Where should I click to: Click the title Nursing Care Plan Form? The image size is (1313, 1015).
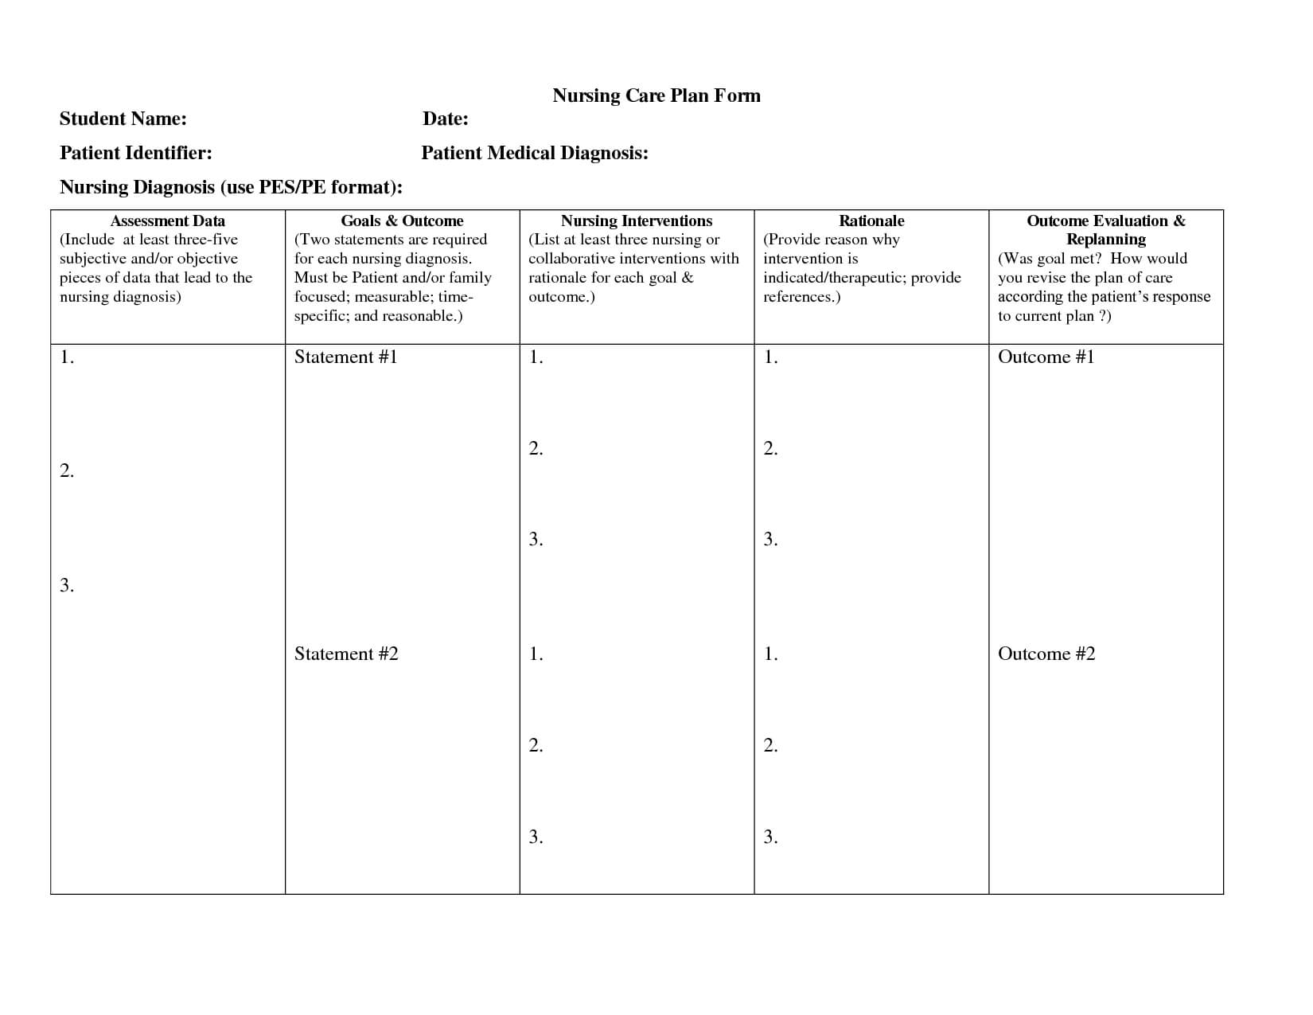coord(656,96)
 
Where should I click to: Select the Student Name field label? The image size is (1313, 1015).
coord(123,119)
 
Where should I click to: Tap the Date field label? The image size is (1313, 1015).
coord(445,119)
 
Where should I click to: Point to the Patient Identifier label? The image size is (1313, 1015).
coord(136,153)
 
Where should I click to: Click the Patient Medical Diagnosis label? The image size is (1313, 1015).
coord(535,153)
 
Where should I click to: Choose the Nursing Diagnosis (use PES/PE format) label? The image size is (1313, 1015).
coord(231,187)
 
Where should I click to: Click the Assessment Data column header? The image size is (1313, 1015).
coord(167,221)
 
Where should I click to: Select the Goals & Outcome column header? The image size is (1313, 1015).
coord(402,221)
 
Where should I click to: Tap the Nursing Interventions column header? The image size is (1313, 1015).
coord(637,221)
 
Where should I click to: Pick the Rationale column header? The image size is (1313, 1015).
coord(871,221)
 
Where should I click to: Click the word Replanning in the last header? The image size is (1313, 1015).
coord(1106,239)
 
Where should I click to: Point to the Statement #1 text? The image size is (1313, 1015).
coord(345,357)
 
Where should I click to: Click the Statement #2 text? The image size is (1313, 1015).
coord(346,654)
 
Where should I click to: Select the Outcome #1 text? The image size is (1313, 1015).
coord(1046,357)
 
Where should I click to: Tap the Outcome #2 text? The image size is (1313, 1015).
coord(1046,654)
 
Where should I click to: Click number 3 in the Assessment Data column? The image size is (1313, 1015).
coord(67,586)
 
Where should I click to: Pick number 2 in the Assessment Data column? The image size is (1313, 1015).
coord(67,471)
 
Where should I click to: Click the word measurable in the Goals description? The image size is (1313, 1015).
coord(393,297)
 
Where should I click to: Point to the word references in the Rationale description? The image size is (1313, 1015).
coord(798,297)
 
